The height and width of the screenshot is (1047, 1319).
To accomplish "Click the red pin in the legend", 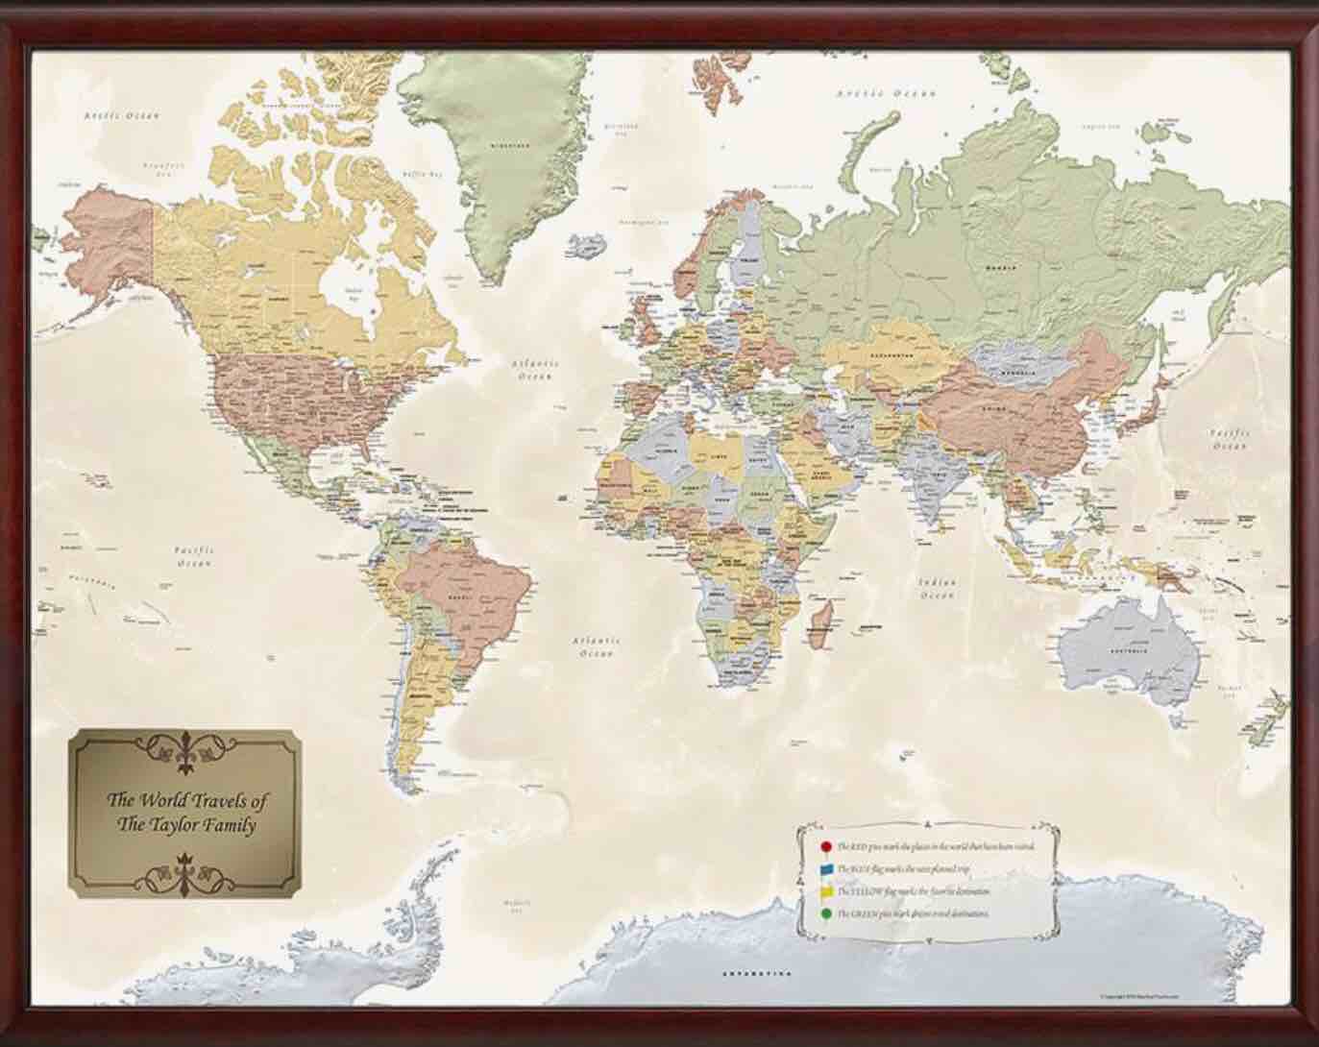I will [825, 847].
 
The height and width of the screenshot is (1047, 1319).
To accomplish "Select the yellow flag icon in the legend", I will [825, 892].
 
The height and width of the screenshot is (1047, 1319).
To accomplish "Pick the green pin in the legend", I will [825, 914].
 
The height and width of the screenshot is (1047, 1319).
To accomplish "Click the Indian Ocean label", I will [937, 589].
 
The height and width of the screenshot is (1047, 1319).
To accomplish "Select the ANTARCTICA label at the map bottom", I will [756, 974].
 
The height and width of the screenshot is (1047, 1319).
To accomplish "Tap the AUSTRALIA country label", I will [1131, 650].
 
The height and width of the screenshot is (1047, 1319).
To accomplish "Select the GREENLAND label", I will [509, 146].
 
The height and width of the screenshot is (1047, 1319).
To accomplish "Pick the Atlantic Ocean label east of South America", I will [596, 645].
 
